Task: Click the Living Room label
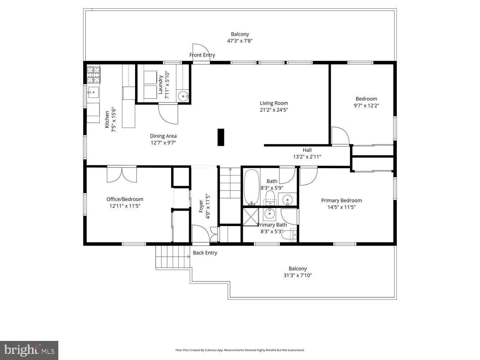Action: (274, 103)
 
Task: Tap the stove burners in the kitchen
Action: (94, 75)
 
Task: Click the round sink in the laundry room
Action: (184, 96)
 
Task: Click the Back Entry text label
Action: (205, 253)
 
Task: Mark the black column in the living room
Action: (221, 137)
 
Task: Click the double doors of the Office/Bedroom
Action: (122, 174)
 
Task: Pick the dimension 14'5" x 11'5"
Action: (341, 207)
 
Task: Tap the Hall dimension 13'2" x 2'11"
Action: (307, 157)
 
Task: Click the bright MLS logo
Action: (29, 350)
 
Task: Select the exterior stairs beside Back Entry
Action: (172, 257)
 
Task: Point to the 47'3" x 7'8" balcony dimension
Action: (240, 41)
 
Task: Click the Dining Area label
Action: (163, 136)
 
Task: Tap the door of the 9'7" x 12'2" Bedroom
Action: (340, 136)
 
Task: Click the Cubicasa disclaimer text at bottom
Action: (240, 350)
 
